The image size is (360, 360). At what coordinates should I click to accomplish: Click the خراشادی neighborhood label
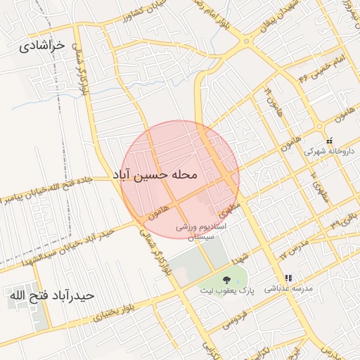click(x=41, y=46)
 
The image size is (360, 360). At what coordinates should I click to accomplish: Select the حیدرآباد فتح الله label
click(x=51, y=296)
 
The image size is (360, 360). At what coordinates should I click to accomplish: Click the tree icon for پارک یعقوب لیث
click(x=226, y=280)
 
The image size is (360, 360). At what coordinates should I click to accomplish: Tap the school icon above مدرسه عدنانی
click(x=288, y=277)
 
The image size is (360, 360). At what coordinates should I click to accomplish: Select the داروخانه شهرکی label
click(x=326, y=150)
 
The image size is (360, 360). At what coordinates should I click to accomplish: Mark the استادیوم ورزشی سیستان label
click(x=204, y=233)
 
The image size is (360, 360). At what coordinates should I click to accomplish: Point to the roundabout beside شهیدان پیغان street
click(x=246, y=41)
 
